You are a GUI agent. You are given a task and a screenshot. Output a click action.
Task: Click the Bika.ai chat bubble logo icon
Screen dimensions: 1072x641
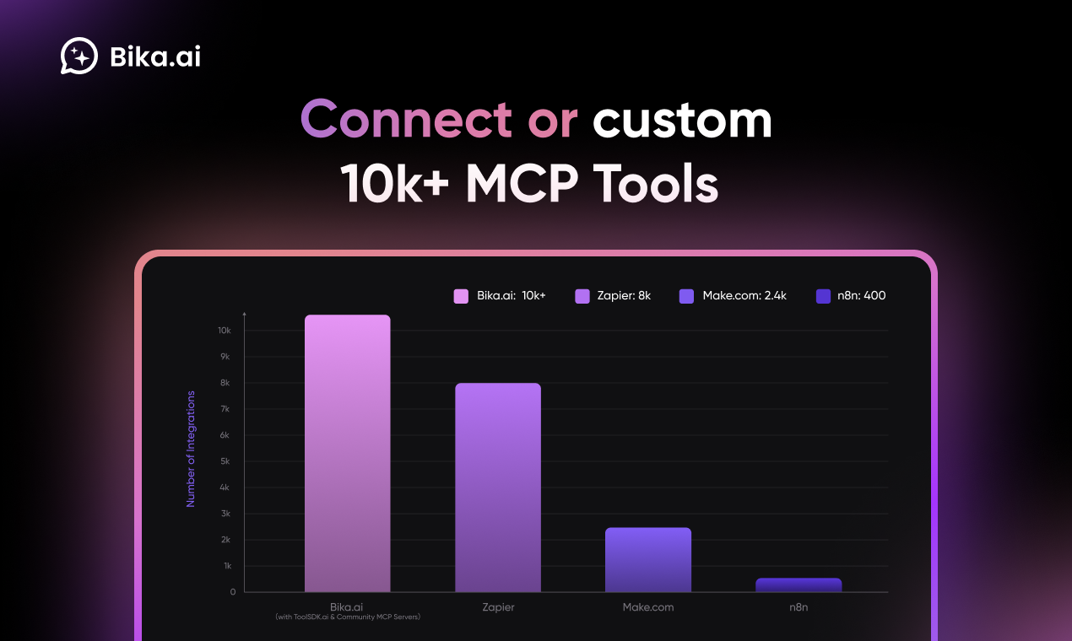tap(79, 56)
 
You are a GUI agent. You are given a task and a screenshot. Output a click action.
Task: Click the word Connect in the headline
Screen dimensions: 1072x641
tap(406, 120)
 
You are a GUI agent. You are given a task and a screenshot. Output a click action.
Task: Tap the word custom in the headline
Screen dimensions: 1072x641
tap(682, 121)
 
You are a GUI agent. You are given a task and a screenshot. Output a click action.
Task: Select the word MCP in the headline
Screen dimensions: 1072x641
tap(522, 184)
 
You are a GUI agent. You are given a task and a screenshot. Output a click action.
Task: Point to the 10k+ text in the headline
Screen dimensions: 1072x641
tap(395, 184)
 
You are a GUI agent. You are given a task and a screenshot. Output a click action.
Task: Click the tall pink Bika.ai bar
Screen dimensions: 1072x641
tap(348, 454)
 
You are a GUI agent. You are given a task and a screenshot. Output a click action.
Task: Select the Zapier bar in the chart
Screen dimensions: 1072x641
tap(498, 487)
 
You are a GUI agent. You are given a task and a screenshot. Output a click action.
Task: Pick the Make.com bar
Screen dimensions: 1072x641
tap(648, 560)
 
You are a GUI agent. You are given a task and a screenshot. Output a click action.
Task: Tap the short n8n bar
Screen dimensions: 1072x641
tap(799, 585)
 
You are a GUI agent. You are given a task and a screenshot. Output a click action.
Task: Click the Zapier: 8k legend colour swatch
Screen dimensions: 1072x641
tap(582, 296)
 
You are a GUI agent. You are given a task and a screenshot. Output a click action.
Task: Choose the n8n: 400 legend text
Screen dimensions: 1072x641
tap(862, 296)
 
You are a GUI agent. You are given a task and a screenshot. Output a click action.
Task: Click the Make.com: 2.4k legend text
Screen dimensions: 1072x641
tap(744, 296)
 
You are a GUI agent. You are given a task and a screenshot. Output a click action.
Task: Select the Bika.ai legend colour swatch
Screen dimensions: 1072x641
tap(461, 296)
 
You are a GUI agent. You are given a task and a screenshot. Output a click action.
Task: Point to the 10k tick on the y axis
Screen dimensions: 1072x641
tap(225, 331)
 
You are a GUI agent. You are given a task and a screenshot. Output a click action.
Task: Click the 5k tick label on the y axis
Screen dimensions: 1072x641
tap(225, 461)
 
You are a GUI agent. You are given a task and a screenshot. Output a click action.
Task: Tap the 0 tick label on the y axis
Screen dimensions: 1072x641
tap(233, 592)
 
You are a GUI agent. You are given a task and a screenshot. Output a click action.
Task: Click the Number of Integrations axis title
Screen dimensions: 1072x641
tap(191, 449)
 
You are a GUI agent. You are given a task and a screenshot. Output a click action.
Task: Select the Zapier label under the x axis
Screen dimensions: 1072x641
tap(498, 607)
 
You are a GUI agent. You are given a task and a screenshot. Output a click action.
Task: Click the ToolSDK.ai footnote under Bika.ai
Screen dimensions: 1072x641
tap(348, 617)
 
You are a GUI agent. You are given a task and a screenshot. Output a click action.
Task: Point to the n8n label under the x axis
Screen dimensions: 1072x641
tap(799, 607)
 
